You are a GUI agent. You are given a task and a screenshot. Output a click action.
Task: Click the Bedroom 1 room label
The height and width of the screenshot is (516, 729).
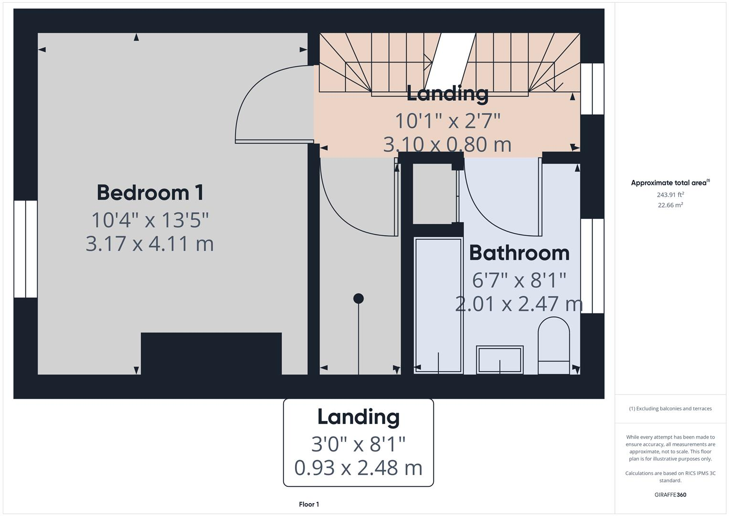coord(150,193)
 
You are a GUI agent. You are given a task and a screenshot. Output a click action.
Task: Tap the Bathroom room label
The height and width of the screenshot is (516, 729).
coord(519,253)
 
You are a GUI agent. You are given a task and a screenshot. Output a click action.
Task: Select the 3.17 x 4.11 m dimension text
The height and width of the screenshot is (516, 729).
coord(149,244)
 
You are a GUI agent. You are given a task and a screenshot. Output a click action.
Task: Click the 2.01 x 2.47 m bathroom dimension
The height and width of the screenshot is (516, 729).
coord(519,304)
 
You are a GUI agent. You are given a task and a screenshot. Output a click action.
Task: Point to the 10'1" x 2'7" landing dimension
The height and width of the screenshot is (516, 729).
coord(447,120)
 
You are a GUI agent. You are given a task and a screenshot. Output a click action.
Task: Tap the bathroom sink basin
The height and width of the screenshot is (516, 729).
coord(499,360)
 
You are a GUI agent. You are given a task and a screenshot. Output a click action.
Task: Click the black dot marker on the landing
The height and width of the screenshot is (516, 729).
coord(359,299)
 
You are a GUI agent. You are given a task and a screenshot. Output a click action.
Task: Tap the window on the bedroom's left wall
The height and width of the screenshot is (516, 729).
coord(25,249)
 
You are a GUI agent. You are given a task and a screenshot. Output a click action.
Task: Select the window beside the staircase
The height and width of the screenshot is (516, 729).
coord(592,89)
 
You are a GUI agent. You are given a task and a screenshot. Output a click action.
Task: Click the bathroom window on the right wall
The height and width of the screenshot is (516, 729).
coord(592,266)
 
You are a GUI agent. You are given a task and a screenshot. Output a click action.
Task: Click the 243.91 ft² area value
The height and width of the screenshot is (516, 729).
coord(670,195)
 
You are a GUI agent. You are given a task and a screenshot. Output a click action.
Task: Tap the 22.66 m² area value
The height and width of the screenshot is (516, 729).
coord(670,205)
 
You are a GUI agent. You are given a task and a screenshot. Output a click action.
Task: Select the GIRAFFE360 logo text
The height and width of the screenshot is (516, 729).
coord(670,495)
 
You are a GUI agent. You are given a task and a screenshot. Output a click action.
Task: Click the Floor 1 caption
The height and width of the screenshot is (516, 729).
coord(309,505)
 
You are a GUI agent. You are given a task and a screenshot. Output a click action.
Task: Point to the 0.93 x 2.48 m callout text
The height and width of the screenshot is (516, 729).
coord(358,468)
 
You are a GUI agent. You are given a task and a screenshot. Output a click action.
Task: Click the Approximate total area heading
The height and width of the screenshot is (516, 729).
coord(669,183)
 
